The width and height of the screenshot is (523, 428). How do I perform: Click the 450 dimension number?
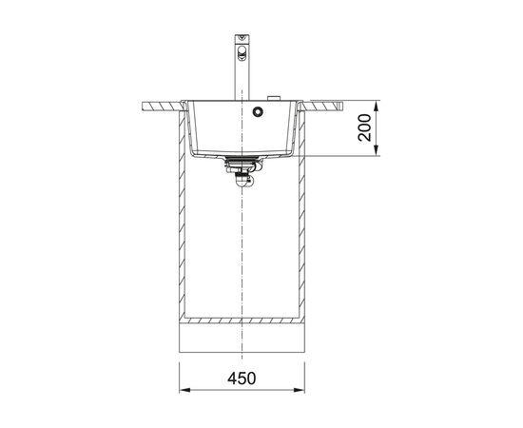(x=242, y=379)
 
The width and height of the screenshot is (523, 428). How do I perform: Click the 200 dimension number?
(x=364, y=127)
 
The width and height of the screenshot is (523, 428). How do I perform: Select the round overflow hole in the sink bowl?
(x=258, y=111)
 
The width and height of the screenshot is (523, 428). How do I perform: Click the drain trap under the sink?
(x=242, y=171)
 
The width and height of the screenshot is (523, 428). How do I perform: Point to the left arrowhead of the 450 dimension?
(x=184, y=390)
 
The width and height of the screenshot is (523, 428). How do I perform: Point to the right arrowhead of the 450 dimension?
(x=300, y=390)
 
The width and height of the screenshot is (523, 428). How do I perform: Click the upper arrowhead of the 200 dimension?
(x=376, y=106)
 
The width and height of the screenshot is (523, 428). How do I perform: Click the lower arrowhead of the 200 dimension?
(x=376, y=150)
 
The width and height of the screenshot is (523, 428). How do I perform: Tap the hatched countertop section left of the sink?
(x=163, y=107)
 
